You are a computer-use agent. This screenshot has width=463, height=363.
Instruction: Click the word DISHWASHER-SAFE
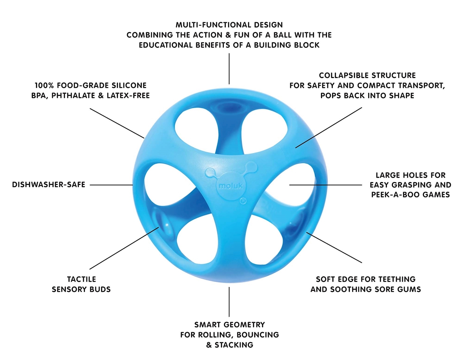[48, 185]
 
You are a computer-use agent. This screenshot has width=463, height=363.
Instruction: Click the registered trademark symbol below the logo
[243, 201]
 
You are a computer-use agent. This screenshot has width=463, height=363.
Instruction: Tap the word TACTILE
[81, 279]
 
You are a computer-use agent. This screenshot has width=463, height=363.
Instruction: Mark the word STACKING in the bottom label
[234, 345]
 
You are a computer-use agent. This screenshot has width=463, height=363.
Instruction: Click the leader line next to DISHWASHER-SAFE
[111, 185]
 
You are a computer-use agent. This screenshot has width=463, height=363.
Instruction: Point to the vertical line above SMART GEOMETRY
[229, 302]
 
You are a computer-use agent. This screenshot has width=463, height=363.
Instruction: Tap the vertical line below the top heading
[229, 68]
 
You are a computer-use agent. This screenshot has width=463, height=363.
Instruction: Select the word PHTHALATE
[73, 96]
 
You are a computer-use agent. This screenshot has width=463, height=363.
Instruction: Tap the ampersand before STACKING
[209, 345]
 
